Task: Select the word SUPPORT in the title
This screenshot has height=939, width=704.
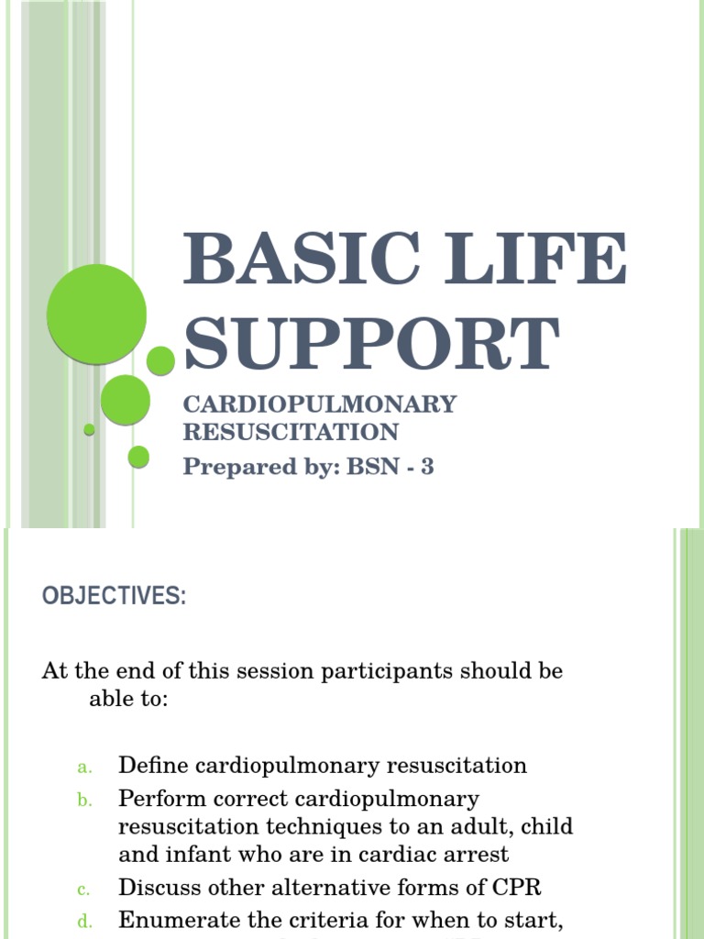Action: coord(371,344)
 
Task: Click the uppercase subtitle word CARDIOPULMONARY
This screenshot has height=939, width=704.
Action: coord(320,404)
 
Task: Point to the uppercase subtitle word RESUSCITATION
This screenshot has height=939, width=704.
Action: coord(291,432)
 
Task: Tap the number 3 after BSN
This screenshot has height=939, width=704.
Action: coord(426,467)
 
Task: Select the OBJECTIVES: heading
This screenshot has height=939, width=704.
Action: coord(114,596)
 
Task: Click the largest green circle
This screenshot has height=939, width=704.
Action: coord(96,315)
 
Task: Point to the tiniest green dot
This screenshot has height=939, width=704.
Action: coord(89,429)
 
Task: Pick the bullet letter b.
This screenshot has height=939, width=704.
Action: coord(83,801)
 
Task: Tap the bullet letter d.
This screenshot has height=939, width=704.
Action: coord(83,922)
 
